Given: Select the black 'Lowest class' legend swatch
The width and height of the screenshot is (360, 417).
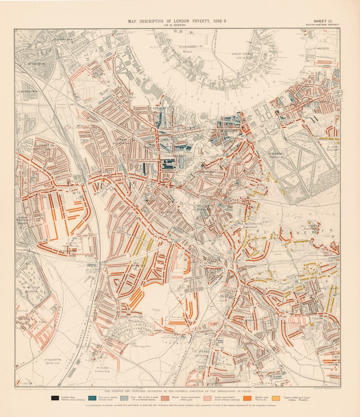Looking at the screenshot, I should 55,397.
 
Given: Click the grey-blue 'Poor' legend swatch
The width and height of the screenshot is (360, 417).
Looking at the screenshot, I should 124,397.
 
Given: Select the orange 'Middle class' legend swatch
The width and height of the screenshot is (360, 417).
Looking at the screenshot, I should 247,397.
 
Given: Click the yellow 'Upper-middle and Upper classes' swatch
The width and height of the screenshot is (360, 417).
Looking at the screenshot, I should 275,397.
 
